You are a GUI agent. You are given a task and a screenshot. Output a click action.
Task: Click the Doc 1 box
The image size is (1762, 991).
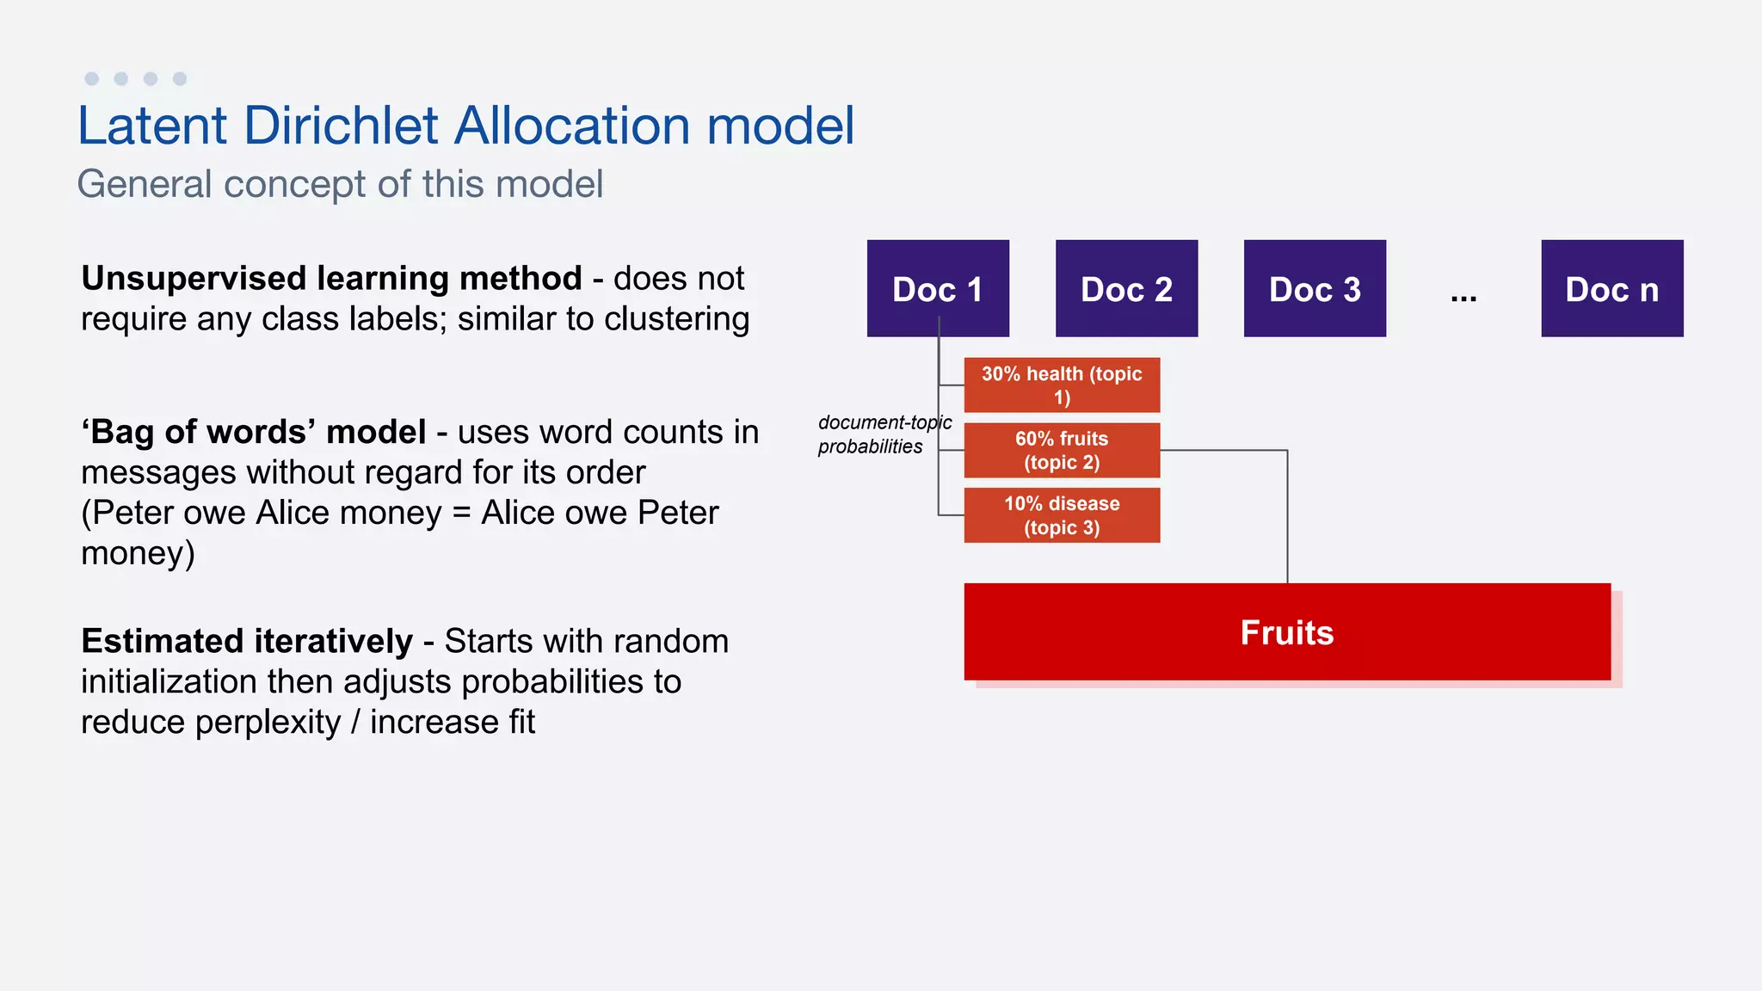point(938,288)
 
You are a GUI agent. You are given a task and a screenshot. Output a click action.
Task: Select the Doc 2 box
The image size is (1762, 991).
point(1126,288)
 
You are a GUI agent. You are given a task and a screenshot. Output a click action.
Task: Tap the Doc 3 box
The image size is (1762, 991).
point(1315,288)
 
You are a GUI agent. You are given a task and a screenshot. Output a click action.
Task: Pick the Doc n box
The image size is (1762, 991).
point(1611,288)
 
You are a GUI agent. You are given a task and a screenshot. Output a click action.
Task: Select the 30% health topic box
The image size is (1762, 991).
point(1062,385)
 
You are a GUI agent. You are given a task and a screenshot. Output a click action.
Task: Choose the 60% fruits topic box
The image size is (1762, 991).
point(1062,450)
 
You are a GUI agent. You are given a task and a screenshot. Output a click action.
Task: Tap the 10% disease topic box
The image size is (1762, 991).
point(1062,515)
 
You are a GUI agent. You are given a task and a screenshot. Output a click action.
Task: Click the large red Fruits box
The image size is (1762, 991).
point(1287,632)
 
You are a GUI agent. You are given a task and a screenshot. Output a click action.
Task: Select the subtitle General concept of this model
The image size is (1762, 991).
point(340,184)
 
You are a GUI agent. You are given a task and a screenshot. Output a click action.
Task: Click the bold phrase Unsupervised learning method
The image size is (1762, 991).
point(331,279)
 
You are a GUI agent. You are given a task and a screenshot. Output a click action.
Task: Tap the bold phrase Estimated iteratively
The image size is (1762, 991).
point(247,642)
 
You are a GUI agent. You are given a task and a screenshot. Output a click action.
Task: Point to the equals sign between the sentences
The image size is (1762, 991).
point(461,514)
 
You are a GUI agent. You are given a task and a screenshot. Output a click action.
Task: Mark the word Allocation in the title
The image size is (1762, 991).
point(571,126)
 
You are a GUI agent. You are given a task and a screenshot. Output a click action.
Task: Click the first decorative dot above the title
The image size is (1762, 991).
point(92,79)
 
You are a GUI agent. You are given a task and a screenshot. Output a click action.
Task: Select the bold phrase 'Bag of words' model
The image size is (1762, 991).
point(254,432)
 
